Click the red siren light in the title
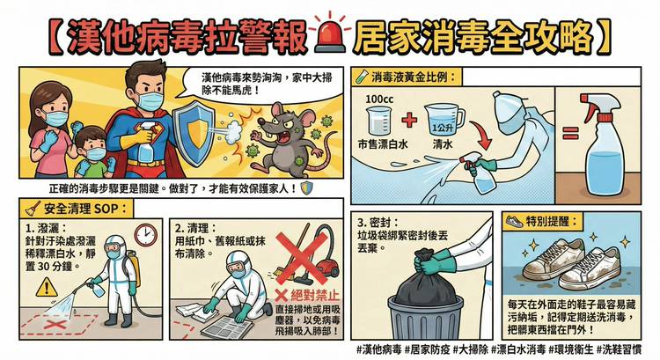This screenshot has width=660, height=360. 330,37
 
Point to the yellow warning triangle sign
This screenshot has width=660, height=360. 47,286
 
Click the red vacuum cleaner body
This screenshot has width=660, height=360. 327,269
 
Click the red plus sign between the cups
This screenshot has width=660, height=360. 408,121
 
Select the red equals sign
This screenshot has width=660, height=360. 570,134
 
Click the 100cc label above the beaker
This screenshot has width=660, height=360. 379,99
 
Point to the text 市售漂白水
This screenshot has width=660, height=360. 383,144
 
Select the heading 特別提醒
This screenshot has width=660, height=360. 551,222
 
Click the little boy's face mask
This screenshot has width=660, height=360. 97,154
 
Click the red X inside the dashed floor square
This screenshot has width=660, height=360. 57,325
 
